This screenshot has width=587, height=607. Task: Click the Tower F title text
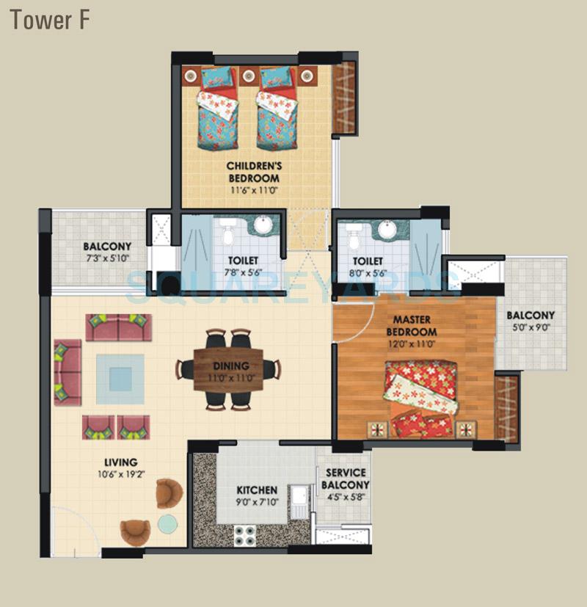pyautogui.click(x=50, y=20)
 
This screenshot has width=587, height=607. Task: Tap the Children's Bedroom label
pyautogui.click(x=253, y=172)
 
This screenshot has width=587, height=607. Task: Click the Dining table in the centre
pyautogui.click(x=227, y=370)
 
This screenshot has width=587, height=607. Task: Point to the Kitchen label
pyautogui.click(x=257, y=490)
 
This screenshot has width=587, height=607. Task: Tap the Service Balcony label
pyautogui.click(x=346, y=479)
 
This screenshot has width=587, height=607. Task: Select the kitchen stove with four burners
pyautogui.click(x=244, y=535)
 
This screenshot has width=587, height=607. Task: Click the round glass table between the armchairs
pyautogui.click(x=168, y=523)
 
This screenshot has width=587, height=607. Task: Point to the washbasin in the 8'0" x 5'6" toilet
pyautogui.click(x=387, y=229)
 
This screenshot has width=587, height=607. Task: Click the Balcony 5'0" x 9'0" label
pyautogui.click(x=531, y=321)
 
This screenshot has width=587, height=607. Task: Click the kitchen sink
pyautogui.click(x=299, y=501)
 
